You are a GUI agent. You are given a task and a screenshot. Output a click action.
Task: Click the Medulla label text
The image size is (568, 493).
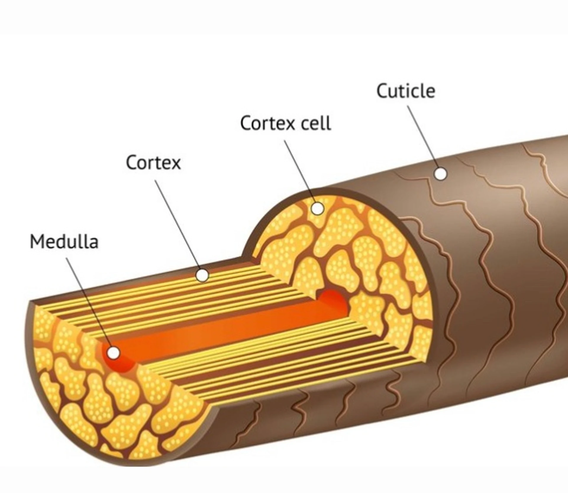click(64, 242)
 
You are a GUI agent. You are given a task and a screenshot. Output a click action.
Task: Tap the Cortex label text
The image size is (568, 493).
click(153, 163)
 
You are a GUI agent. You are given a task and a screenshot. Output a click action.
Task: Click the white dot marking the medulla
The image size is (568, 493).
click(113, 353)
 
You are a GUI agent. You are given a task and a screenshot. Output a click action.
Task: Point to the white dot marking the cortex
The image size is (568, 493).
click(202, 275)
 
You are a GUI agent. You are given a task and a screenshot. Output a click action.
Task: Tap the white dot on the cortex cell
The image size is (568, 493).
click(318, 209)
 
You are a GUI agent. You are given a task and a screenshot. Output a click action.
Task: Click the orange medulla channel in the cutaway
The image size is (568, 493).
click(225, 328)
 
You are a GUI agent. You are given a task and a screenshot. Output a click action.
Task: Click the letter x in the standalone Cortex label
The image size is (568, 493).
click(175, 163)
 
